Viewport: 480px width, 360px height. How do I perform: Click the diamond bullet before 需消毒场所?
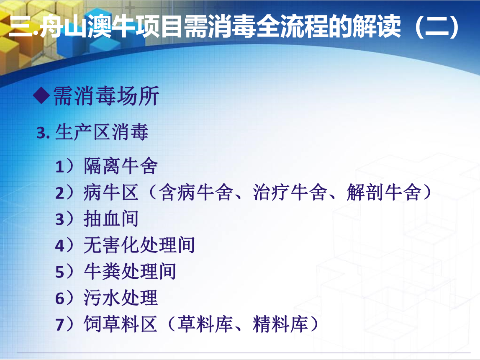[x=41, y=96]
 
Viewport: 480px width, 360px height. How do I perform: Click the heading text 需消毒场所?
[x=106, y=96]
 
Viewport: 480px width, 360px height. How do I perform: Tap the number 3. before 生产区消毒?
[x=43, y=133]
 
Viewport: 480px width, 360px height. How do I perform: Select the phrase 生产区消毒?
[x=102, y=132]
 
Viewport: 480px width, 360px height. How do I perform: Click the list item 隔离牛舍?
[x=121, y=166]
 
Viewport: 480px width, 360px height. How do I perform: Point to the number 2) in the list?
[x=64, y=193]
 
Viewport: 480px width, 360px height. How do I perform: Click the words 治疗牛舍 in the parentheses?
[x=290, y=193]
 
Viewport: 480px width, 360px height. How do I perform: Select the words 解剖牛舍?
[x=384, y=193]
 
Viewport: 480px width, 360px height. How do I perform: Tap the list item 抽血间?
[x=111, y=219]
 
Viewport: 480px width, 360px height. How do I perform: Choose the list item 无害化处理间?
[x=139, y=245]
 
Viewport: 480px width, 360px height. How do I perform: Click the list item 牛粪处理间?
[x=130, y=271]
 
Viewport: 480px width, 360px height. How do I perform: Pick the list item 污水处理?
[x=121, y=298]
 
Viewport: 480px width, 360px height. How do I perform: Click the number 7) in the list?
[x=64, y=324]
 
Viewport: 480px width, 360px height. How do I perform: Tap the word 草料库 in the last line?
[x=205, y=324]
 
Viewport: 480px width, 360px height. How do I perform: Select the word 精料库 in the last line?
[x=280, y=324]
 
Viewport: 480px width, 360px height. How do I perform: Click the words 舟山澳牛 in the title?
[x=84, y=27]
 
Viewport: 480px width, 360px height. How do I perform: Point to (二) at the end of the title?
[x=437, y=27]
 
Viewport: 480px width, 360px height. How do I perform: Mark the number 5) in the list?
[x=64, y=272]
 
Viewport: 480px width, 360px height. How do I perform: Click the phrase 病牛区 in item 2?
[x=111, y=193]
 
